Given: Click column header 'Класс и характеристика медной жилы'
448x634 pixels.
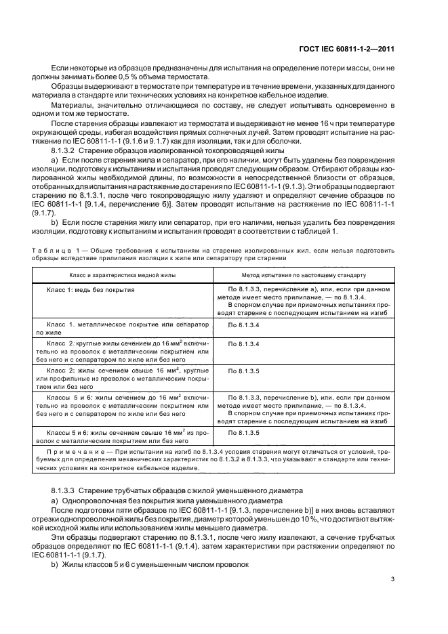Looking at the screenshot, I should tap(123, 276).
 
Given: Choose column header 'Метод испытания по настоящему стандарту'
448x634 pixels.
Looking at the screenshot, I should tap(304, 276).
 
